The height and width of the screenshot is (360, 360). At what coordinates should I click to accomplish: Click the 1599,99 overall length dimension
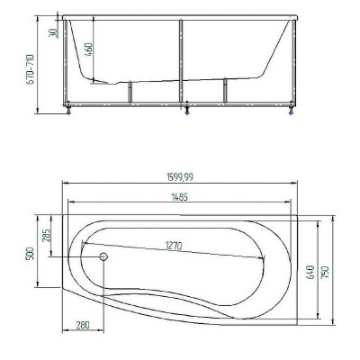pyautogui.click(x=180, y=177)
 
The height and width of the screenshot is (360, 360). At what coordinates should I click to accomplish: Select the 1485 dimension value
pyautogui.click(x=179, y=197)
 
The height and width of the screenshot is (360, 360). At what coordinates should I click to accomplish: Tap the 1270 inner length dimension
pyautogui.click(x=173, y=246)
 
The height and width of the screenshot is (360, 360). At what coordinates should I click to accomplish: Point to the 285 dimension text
pyautogui.click(x=46, y=236)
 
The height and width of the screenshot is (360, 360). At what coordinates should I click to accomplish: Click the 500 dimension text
pyautogui.click(x=31, y=254)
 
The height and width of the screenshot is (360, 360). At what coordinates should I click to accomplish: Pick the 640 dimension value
pyautogui.click(x=310, y=272)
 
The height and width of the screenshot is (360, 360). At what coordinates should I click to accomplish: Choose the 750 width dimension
pyautogui.click(x=325, y=272)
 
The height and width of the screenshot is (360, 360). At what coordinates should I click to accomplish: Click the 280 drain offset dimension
pyautogui.click(x=83, y=325)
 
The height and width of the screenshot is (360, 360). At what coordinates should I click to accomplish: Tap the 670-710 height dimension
pyautogui.click(x=31, y=69)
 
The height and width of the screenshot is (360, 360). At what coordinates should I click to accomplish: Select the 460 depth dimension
pyautogui.click(x=89, y=49)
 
